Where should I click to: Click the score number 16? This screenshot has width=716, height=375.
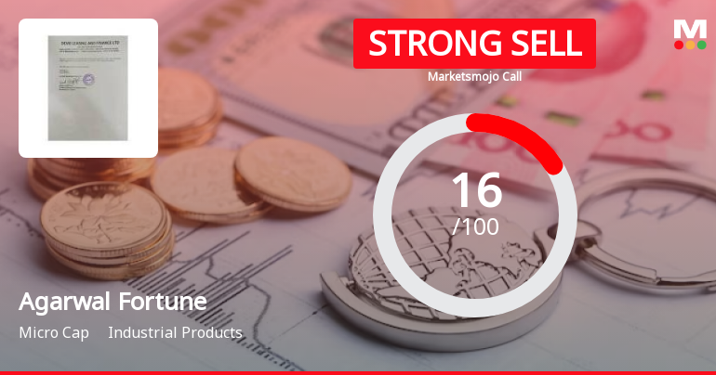point(475,190)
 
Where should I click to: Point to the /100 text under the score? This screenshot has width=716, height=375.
point(475,226)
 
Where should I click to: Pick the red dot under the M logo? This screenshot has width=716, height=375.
point(678,45)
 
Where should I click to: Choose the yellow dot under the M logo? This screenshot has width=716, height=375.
point(689,45)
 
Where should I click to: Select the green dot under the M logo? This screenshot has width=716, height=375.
point(700,45)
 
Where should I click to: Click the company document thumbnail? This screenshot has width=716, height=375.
point(88,88)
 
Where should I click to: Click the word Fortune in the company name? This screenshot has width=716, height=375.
point(159,303)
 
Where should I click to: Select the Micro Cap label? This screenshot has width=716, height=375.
point(54,332)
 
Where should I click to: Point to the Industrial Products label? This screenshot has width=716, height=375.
point(175,332)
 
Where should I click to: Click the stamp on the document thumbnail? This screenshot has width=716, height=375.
point(73,78)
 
